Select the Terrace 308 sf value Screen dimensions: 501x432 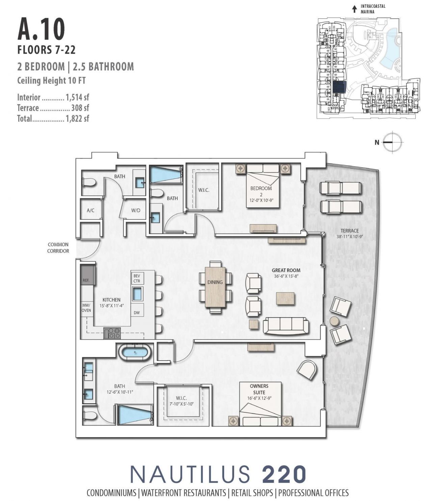point(80,108)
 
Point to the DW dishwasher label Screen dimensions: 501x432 point(137,313)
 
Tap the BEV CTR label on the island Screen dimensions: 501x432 point(137,279)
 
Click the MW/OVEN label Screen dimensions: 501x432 point(86,307)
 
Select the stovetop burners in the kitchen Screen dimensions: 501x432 point(112,333)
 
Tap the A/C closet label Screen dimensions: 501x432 point(90,210)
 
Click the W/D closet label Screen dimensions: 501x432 point(136,210)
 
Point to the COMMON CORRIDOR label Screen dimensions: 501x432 point(58,247)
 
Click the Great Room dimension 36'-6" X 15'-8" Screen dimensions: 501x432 point(286,276)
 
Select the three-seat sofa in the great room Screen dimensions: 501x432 point(286,326)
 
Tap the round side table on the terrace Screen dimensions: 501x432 point(334,321)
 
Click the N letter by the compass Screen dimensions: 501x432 point(377,142)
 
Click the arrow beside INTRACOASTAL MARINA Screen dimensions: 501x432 point(354,9)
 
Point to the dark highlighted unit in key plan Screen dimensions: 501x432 point(339,87)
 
